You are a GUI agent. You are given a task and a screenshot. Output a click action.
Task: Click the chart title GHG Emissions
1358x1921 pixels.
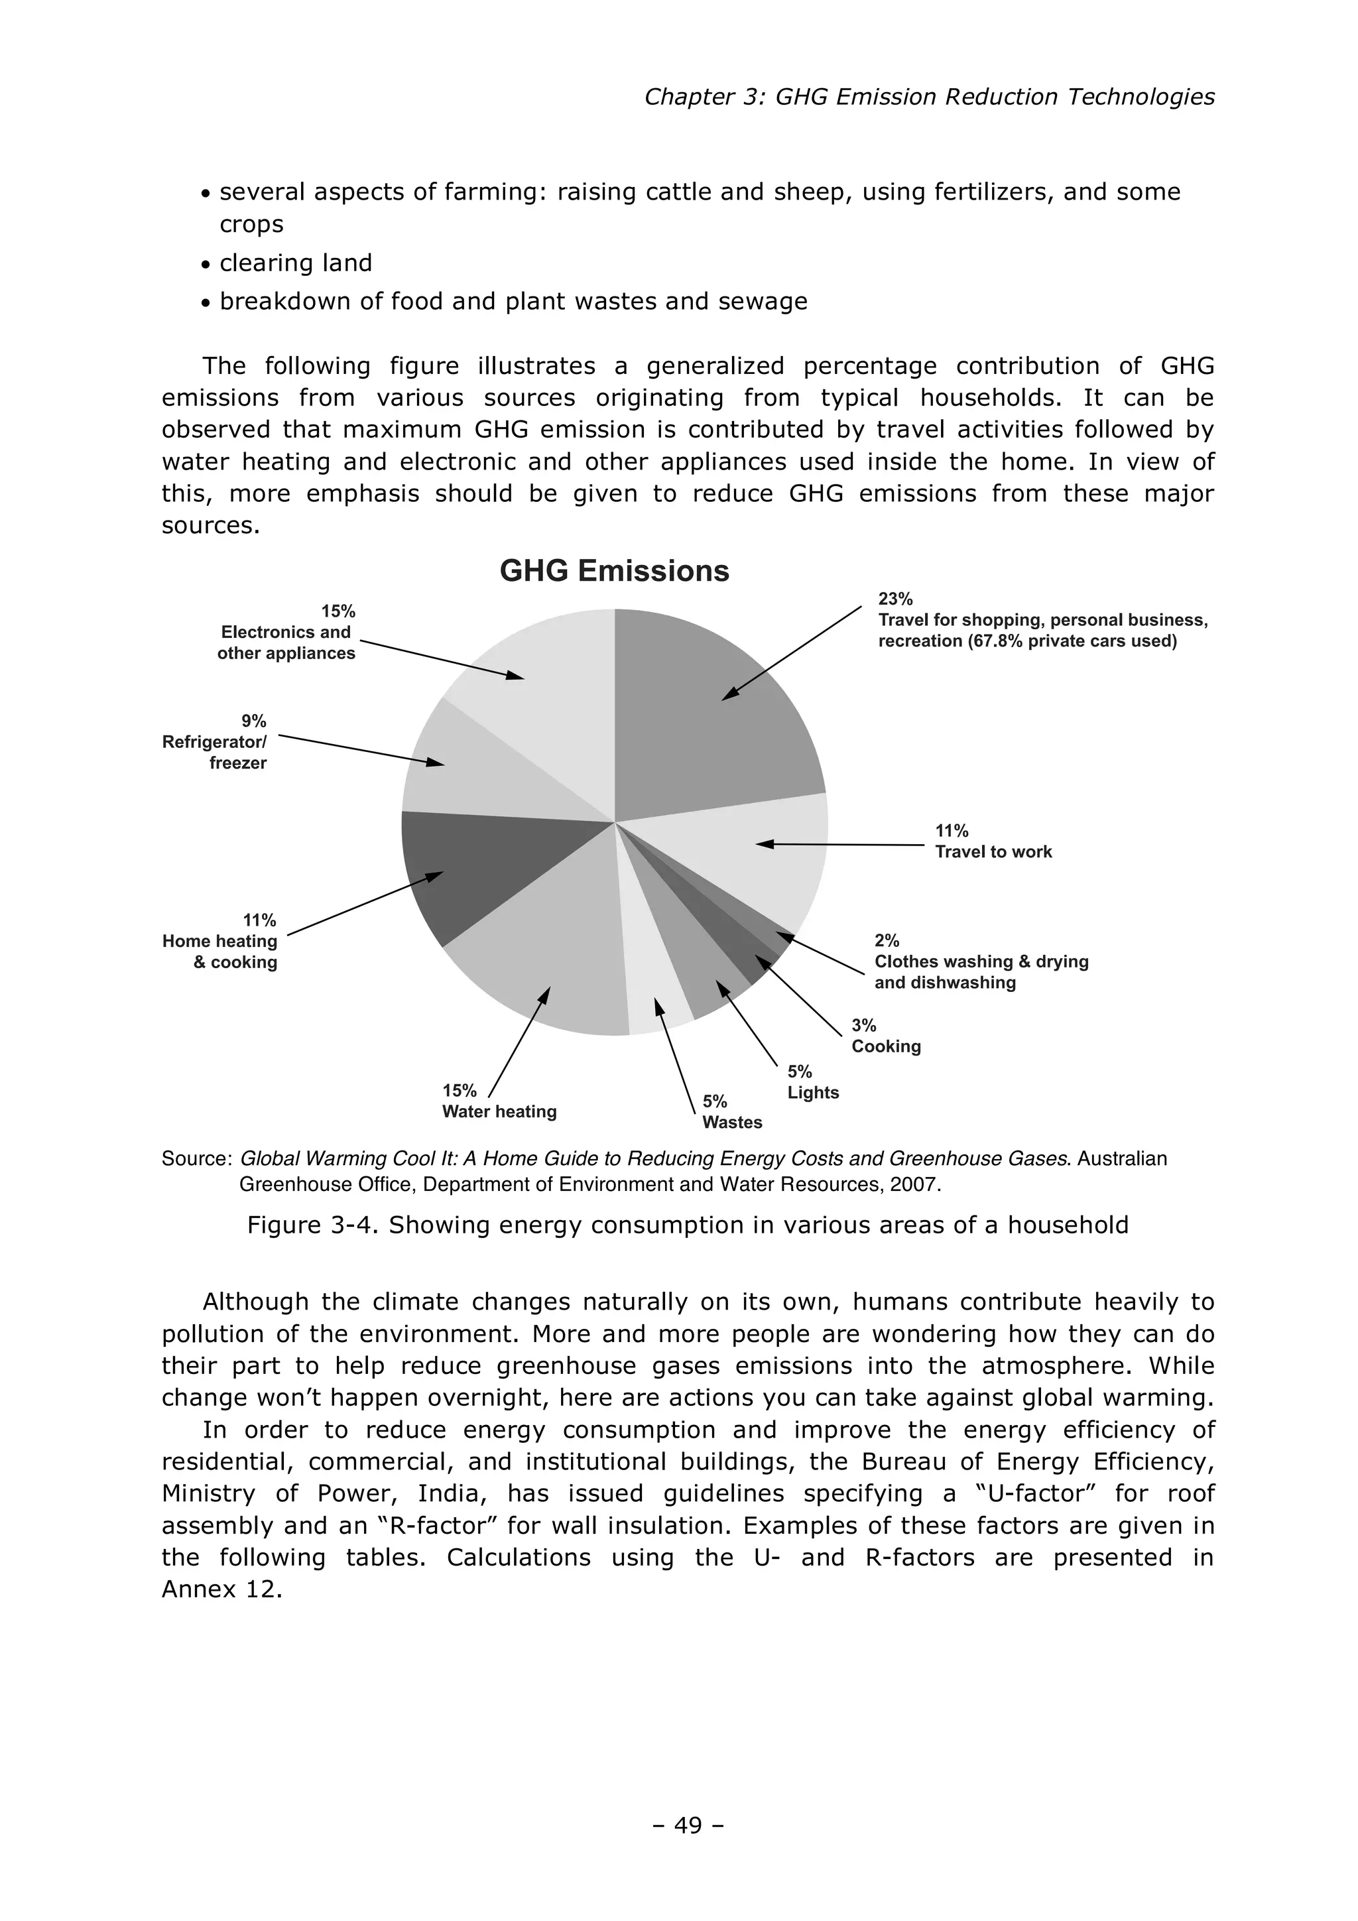pyautogui.click(x=614, y=572)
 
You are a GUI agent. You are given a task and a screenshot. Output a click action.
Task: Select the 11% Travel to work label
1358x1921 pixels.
pyautogui.click(x=993, y=841)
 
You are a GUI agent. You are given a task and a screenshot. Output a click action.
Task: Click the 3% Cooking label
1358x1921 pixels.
pyautogui.click(x=885, y=1036)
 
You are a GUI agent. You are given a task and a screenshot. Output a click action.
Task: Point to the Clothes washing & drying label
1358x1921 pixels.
pyautogui.click(x=981, y=962)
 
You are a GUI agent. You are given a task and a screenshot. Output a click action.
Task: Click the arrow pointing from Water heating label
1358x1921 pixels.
pyautogui.click(x=519, y=1042)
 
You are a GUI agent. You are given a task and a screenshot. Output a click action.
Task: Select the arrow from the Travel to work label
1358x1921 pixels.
pyautogui.click(x=841, y=845)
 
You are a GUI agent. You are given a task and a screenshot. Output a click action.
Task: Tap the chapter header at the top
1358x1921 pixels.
pyautogui.click(x=929, y=97)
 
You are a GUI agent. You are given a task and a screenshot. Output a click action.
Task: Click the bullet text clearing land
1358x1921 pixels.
pyautogui.click(x=294, y=263)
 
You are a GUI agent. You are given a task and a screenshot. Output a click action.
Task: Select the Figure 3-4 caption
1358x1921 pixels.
pyautogui.click(x=687, y=1225)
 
